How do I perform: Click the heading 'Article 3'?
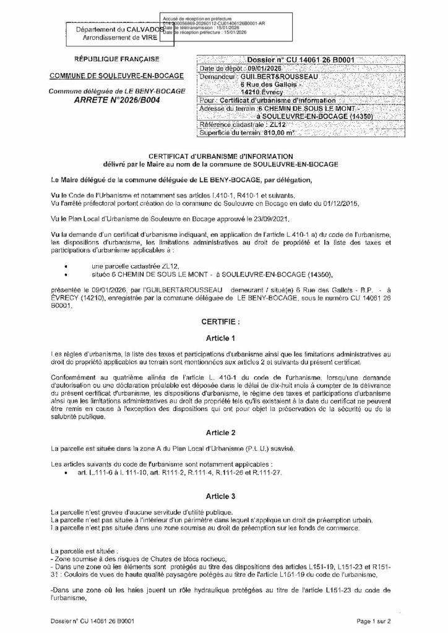(x=220, y=496)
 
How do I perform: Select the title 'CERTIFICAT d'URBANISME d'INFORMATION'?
(x=220, y=157)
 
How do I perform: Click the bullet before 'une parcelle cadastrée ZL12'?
(x=65, y=264)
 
